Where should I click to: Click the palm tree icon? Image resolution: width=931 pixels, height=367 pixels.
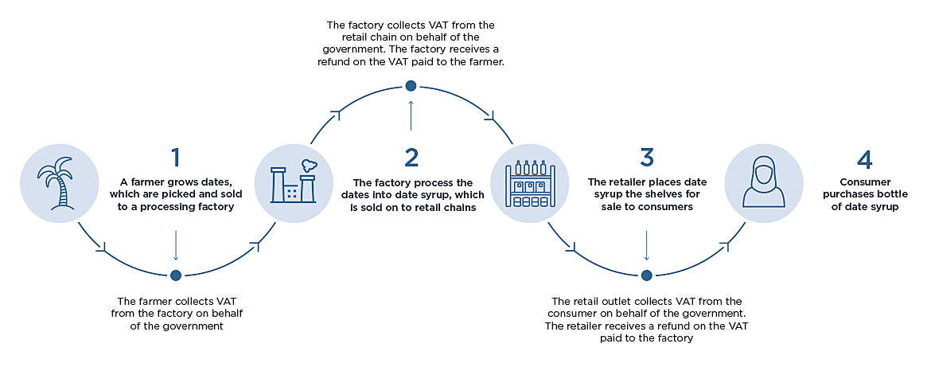pos(59,182)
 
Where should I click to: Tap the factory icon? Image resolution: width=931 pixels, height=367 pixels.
pos(293,182)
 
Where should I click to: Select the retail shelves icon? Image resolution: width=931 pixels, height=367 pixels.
pos(528,182)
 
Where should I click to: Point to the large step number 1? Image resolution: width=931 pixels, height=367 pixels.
pos(177,157)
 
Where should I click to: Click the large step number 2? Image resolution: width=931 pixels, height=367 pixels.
pos(411,157)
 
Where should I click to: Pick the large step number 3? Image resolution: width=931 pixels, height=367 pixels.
pos(646,157)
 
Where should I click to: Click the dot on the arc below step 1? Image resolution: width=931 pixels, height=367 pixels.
pos(176,275)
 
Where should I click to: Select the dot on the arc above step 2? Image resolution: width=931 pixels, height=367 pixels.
pos(411,86)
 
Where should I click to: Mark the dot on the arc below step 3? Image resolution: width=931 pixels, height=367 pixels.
pos(646,275)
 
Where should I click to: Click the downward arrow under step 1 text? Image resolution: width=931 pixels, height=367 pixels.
pos(176,246)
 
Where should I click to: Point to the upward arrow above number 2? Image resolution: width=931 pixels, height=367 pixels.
pos(411,115)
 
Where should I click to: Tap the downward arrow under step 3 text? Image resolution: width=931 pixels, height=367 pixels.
pos(646,246)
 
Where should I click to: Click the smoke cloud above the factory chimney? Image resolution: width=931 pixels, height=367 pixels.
pos(309,161)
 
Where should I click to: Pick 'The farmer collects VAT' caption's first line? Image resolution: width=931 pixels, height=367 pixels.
pos(176,301)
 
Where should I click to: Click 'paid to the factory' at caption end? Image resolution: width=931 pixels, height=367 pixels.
pos(646,338)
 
